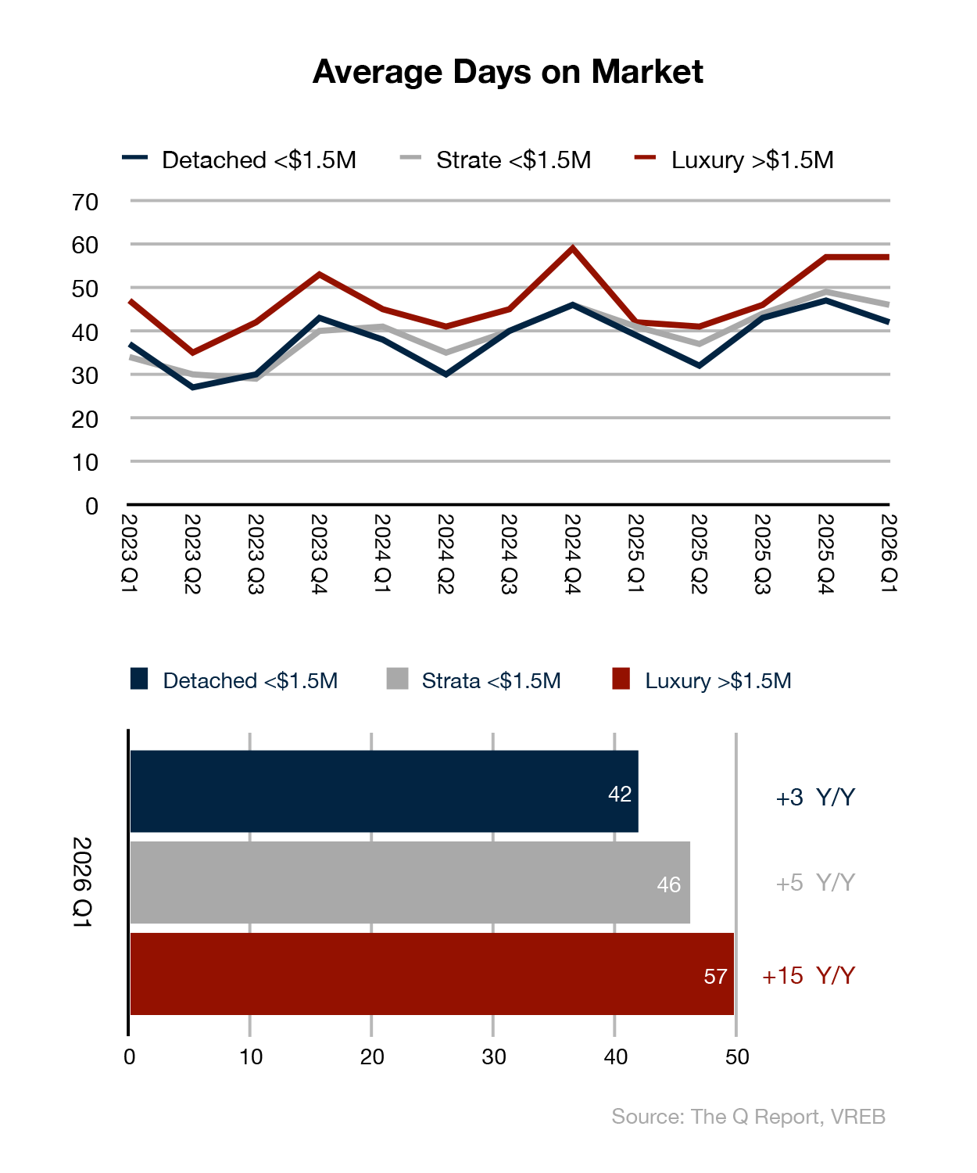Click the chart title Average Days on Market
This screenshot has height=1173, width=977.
(x=507, y=72)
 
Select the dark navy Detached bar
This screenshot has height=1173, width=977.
(x=383, y=791)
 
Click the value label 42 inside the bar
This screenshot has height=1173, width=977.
(x=620, y=795)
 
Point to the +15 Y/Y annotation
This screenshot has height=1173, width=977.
(x=808, y=976)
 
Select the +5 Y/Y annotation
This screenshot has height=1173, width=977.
(x=814, y=883)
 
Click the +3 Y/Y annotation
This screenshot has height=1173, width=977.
(x=814, y=798)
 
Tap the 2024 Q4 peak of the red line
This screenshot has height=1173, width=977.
(x=573, y=249)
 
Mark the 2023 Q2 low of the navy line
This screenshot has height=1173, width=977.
(x=192, y=387)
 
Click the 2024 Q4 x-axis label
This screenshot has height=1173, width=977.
(x=572, y=554)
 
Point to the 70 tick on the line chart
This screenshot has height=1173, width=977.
(x=85, y=203)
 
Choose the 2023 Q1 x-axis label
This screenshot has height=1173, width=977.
(x=129, y=554)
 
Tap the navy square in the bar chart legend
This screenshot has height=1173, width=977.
(x=139, y=679)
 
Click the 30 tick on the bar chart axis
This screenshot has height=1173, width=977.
(x=493, y=1057)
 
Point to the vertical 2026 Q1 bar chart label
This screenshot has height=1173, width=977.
(x=82, y=883)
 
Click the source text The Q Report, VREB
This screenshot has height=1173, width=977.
(x=748, y=1117)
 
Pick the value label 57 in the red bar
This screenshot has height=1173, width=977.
(x=715, y=977)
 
